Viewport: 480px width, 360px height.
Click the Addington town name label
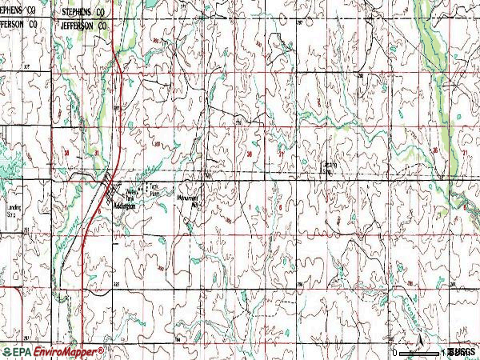click(125, 205)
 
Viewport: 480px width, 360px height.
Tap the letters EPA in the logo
click(22, 352)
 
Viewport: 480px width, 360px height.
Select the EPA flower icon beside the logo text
click(6, 352)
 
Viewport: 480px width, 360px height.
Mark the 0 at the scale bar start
click(395, 353)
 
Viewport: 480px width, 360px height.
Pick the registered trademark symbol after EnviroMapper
click(102, 349)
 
